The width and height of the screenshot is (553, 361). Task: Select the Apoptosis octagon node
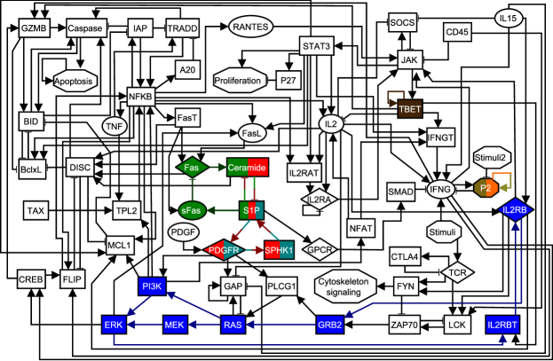pos(75,81)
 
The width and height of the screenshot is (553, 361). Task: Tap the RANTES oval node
pos(250,27)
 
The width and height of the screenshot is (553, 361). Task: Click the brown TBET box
pos(410,108)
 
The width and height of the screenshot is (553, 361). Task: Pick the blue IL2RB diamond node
pos(515,210)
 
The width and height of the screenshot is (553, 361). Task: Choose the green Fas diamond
pos(193,167)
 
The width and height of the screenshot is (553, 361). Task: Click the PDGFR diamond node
pos(225,250)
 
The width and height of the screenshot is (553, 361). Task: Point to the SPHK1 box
pos(279,251)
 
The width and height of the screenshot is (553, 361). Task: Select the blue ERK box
pos(114,326)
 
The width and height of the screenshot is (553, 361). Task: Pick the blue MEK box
pos(175,326)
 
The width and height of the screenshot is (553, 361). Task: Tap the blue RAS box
pos(233,326)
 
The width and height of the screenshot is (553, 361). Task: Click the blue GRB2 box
pos(330,326)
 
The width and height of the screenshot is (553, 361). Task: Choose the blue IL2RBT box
pos(502,326)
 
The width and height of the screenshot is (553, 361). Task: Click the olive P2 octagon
pos(485,188)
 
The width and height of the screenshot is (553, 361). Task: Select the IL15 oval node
pos(510,18)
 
